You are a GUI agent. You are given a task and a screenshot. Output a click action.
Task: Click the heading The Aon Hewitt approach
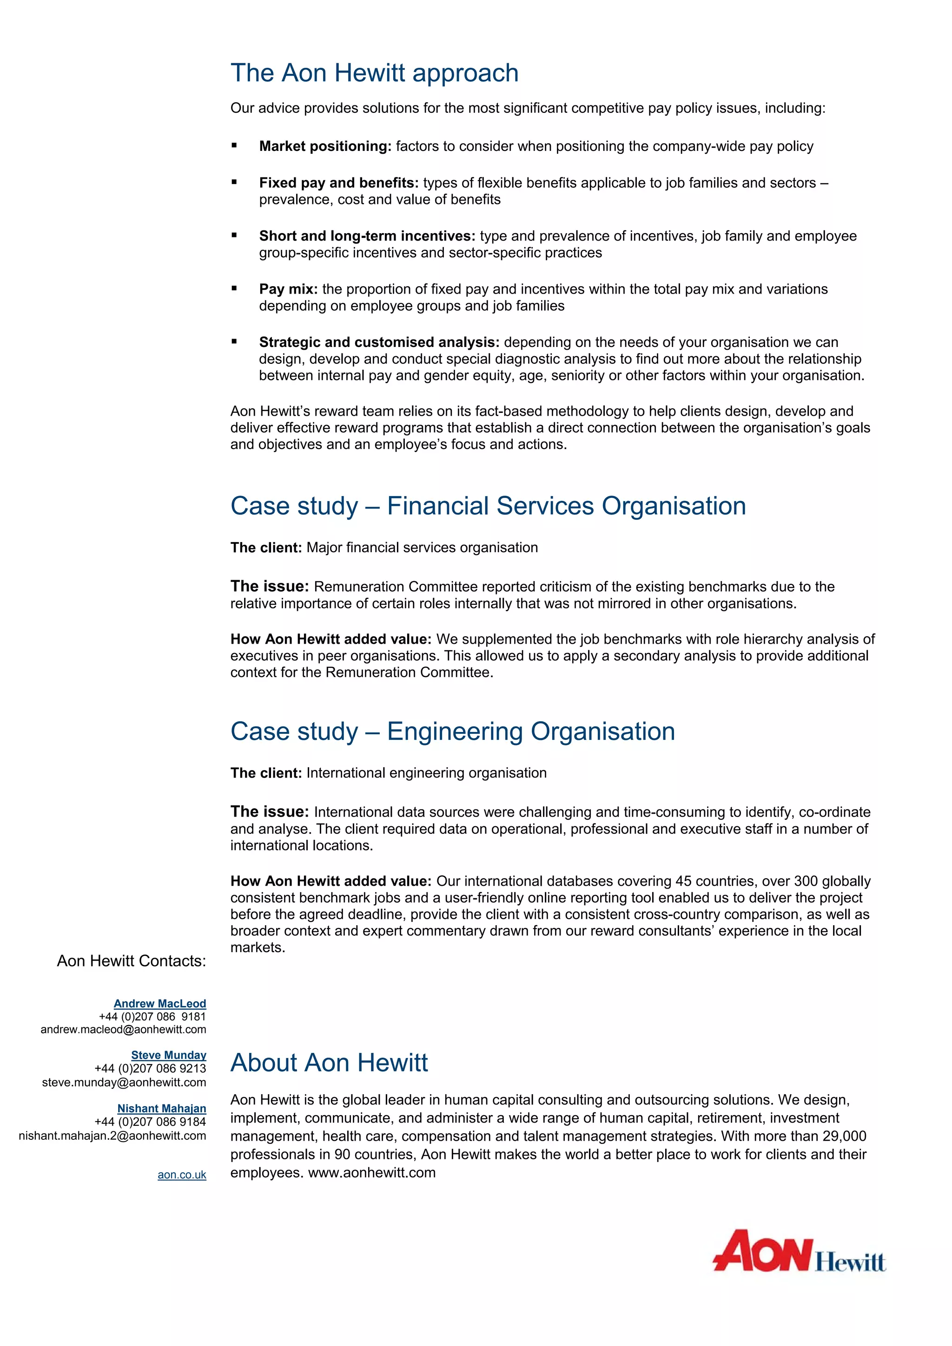tap(374, 73)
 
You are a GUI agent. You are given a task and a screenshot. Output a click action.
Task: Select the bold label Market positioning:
tap(325, 147)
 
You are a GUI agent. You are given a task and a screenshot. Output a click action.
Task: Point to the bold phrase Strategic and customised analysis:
tap(379, 342)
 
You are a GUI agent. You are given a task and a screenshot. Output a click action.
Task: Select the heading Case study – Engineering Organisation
tap(452, 732)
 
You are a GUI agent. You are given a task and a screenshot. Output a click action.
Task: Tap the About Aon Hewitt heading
tap(329, 1062)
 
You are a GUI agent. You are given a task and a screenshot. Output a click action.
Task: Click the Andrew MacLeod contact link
tap(159, 1004)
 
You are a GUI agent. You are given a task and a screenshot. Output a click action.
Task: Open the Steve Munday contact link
tap(168, 1055)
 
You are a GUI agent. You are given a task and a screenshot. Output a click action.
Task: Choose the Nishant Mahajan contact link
tap(161, 1109)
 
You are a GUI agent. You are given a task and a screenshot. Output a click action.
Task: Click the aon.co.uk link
tap(182, 1175)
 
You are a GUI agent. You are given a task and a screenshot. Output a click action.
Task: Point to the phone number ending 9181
tap(152, 1017)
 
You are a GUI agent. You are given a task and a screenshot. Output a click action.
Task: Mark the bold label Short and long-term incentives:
tap(367, 236)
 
